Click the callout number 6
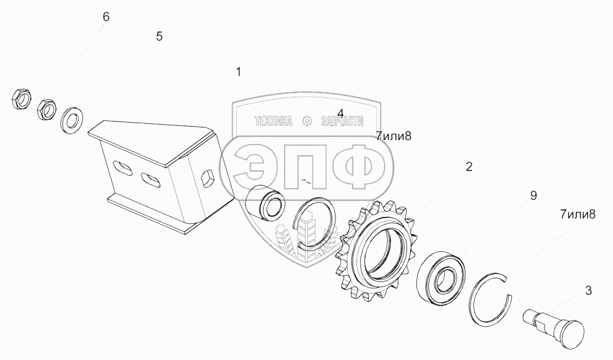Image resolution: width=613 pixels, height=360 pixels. [x=106, y=17]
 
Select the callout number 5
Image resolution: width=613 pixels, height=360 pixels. [x=159, y=37]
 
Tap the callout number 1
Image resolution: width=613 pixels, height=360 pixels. [x=238, y=72]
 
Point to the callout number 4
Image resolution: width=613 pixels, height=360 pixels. [x=340, y=113]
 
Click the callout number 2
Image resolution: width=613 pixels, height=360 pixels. [x=469, y=167]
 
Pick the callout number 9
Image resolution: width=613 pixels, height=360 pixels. [x=533, y=195]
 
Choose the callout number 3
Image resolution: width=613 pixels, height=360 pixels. [x=589, y=290]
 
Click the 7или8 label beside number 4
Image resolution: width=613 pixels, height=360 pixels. [x=394, y=137]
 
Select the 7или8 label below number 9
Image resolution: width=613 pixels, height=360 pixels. [x=578, y=214]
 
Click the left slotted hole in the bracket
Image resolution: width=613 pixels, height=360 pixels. [x=123, y=168]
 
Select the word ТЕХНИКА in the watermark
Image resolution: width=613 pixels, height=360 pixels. [x=273, y=121]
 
